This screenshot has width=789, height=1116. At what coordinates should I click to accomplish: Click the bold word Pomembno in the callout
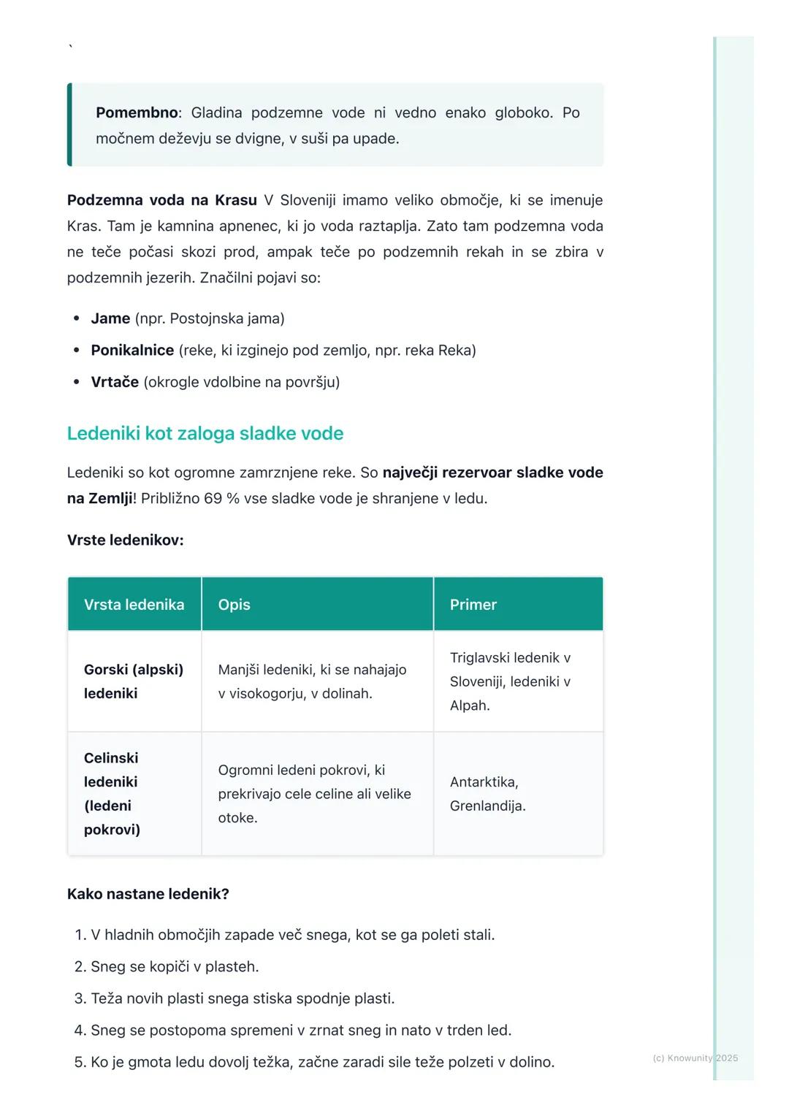pyautogui.click(x=137, y=112)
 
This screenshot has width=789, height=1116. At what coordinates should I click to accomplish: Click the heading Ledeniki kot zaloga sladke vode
pyautogui.click(x=205, y=433)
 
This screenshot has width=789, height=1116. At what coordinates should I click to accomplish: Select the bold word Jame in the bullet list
pyautogui.click(x=110, y=318)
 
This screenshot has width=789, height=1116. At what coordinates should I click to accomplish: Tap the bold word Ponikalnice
pyautogui.click(x=132, y=351)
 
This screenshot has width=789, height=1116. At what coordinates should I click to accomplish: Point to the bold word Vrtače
pyautogui.click(x=115, y=382)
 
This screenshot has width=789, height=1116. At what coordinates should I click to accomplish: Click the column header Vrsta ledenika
pyautogui.click(x=134, y=605)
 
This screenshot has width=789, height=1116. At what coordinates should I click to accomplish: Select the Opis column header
pyautogui.click(x=234, y=605)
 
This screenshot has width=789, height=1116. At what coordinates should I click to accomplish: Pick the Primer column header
pyautogui.click(x=473, y=605)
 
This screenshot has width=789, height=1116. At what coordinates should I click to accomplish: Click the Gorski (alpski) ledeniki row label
pyautogui.click(x=133, y=681)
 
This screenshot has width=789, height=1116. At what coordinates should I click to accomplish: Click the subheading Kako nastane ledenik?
pyautogui.click(x=148, y=894)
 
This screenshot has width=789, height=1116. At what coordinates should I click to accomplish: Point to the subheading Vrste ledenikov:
pyautogui.click(x=125, y=540)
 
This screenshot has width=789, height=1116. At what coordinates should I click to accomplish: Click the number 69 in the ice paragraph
pyautogui.click(x=213, y=499)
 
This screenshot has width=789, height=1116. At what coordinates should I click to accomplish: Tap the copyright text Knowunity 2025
pyautogui.click(x=695, y=1058)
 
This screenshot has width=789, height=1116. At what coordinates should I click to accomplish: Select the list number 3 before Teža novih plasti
pyautogui.click(x=80, y=998)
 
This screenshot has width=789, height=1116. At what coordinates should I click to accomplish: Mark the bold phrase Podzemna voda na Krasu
pyautogui.click(x=161, y=200)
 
